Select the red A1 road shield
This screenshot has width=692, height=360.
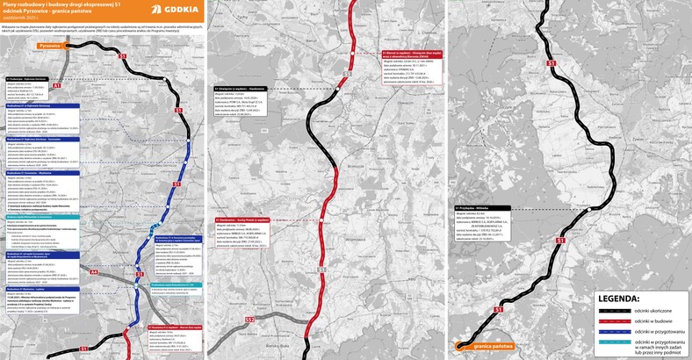(x=55, y=87)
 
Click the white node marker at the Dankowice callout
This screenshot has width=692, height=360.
(x=327, y=220)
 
